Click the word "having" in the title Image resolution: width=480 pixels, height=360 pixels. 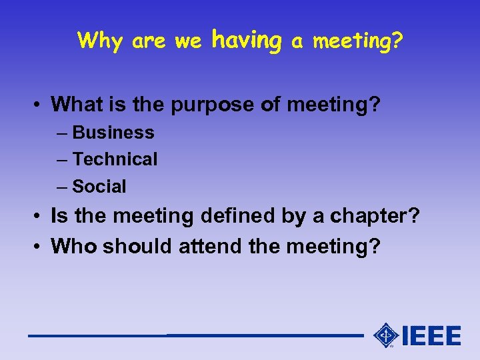click(x=246, y=41)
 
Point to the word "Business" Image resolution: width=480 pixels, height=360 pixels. click(x=113, y=133)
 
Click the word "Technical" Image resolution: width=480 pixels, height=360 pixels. click(x=115, y=159)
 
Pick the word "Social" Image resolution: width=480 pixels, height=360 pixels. click(x=99, y=187)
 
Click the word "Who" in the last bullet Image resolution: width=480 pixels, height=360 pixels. click(x=71, y=246)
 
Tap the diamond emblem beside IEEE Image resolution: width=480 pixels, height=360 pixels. click(x=386, y=335)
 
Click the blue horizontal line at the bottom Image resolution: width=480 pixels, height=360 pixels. click(x=193, y=335)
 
